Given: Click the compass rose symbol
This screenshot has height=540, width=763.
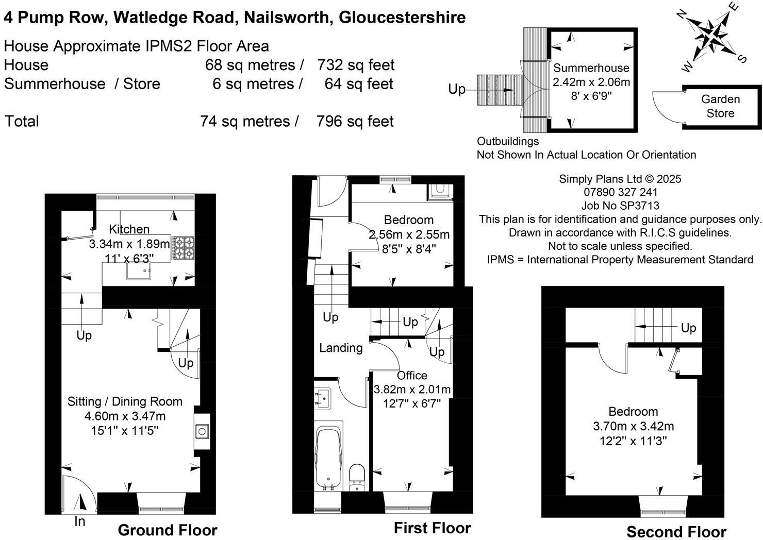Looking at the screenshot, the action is pos(712,37).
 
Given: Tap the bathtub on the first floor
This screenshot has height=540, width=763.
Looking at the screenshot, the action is pos(329,455).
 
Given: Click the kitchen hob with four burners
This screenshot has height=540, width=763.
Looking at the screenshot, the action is pos(182,248).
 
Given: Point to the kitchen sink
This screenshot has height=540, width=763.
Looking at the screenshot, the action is pos(139,271).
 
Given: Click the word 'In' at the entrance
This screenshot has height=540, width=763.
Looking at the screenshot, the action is pos(79,521).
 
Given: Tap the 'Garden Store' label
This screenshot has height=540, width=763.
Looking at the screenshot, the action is pos(720,106).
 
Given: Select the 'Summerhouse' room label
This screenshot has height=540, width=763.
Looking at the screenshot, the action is pos(591,68).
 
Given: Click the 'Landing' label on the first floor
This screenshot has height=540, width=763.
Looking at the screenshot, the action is pos(341,348).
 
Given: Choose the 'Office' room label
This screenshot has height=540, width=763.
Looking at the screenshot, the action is pos(412,376).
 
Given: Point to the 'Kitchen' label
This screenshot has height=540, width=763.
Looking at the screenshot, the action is pos(129,229).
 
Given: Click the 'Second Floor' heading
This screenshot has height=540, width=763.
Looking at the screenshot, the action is pos(676,532).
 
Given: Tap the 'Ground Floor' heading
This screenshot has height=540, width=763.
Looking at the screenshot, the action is pos(168,530).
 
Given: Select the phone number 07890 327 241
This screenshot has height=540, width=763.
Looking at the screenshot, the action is pos(620,192).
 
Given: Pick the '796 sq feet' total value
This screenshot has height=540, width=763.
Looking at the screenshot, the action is pos(355,122).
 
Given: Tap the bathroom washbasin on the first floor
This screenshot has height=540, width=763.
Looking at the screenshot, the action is pos(324,397).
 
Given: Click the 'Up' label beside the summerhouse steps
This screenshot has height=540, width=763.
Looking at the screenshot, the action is pos(457,89).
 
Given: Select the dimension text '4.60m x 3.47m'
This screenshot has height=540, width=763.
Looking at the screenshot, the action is pos(125,416).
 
